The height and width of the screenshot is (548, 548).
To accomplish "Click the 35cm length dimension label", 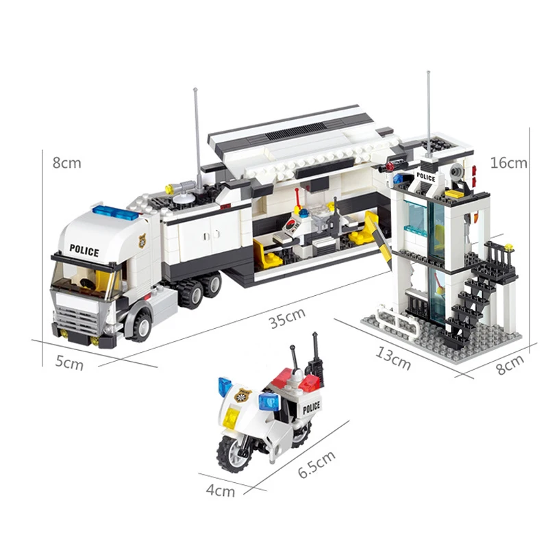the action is tap(288, 318).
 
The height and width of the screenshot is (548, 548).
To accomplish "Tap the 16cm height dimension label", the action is tap(508, 163).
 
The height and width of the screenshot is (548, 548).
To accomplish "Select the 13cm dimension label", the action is tap(393, 358).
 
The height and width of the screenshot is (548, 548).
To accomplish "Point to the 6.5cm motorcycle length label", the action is tap(316, 464).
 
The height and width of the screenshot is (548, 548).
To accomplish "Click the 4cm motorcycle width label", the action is tap(221, 490).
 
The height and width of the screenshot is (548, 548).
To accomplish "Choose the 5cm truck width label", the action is tap(69, 364).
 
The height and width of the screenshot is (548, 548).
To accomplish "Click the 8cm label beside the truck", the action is tap(66, 163).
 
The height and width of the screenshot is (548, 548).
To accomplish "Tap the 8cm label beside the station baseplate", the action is tap(510, 364).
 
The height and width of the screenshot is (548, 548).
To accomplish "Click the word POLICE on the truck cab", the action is tap(84, 250).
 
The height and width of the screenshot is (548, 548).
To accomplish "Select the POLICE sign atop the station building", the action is tap(425, 177).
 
